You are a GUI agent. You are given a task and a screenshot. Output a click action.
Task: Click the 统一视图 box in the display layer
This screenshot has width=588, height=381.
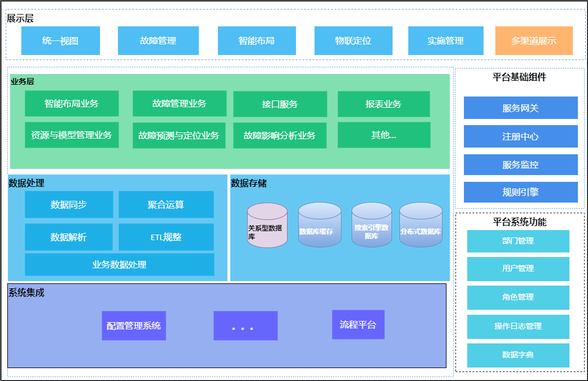point(61,40)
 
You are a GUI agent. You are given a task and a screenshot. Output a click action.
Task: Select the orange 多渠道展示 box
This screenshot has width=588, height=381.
point(534,40)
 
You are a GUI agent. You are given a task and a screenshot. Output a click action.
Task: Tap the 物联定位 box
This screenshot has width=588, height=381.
point(353,40)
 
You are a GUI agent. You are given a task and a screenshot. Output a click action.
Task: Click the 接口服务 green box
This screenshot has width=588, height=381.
point(280,104)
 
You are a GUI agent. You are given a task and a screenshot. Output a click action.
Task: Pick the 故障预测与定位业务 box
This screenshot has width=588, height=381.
point(179,136)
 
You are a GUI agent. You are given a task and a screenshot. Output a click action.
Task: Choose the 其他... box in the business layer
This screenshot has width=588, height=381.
point(384,135)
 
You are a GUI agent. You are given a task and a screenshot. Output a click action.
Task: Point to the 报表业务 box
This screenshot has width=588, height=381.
point(384,104)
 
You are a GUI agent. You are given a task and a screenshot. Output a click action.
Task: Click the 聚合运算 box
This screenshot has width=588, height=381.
point(166,205)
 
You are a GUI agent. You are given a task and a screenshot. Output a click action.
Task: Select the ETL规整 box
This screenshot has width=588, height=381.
point(166,237)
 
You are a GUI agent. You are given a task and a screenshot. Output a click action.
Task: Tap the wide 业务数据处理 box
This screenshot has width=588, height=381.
point(119,264)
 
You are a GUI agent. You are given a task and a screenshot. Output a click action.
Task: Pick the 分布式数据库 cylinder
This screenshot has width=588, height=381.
point(421,225)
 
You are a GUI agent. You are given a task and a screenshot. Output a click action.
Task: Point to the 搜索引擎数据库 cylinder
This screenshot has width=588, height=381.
point(371,225)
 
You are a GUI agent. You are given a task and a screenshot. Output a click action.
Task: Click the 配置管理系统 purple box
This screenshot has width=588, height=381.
point(134,325)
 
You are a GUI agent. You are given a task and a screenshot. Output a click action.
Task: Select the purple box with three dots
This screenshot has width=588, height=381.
point(245,325)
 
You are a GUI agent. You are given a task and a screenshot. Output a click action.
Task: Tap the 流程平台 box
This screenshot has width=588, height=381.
point(358,324)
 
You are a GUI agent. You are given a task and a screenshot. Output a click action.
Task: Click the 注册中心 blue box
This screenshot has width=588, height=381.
point(520,136)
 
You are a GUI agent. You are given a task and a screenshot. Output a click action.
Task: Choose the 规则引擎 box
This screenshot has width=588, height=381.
point(520,192)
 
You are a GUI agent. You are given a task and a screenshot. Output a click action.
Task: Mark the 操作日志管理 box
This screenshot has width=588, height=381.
point(518,327)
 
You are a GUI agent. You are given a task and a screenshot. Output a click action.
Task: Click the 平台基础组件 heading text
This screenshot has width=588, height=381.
point(519,77)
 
